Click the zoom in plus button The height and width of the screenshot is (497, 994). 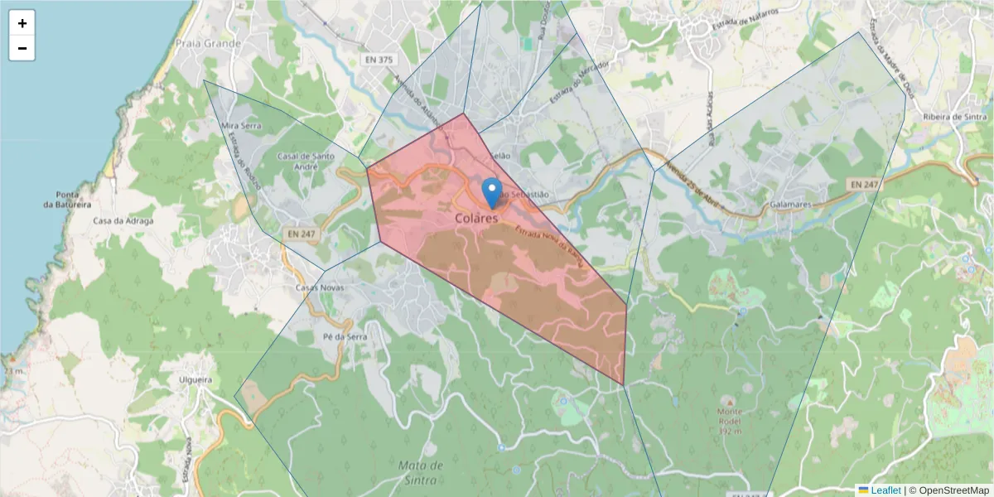(x=22, y=23)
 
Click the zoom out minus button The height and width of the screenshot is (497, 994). (x=22, y=48)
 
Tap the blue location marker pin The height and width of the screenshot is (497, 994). (x=492, y=192)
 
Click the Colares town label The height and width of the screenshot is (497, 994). (x=477, y=219)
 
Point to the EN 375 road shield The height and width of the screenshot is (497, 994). (x=379, y=60)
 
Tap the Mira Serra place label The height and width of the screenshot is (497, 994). (x=242, y=126)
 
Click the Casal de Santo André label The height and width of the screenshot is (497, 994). (x=306, y=160)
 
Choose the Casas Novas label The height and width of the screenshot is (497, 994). (x=319, y=287)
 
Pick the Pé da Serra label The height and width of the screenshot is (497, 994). (x=345, y=337)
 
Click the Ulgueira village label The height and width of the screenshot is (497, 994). (x=195, y=380)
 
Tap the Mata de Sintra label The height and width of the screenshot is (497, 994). (x=421, y=471)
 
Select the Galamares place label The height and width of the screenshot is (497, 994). (x=789, y=204)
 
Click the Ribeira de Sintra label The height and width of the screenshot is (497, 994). (x=956, y=117)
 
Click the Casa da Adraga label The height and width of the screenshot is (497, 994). (x=124, y=221)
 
